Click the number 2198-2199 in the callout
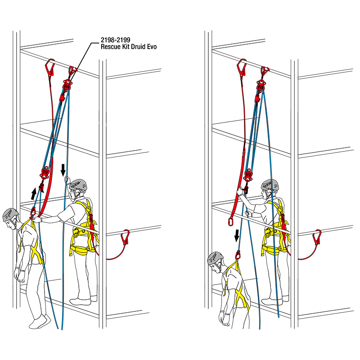point(116,40)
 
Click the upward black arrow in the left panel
point(34,193)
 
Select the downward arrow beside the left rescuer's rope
point(63,170)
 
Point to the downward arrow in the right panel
point(237,236)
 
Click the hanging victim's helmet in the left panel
point(10,215)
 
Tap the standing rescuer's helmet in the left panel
point(79,185)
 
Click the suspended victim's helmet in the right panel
point(216,258)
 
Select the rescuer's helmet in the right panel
point(270,186)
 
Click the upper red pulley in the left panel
point(67,85)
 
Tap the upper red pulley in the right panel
point(261,85)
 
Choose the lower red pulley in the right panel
point(248,175)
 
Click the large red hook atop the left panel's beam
point(50,67)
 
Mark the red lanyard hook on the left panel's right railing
point(126,237)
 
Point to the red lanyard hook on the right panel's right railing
point(317,237)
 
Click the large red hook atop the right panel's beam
point(242,67)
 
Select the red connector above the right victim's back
point(238,255)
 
